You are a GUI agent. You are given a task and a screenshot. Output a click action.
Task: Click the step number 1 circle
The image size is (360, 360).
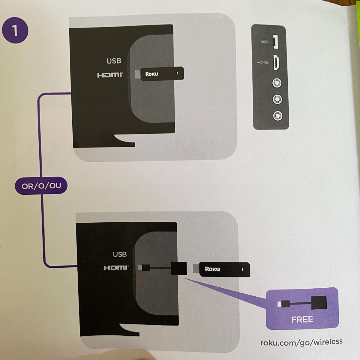(15, 31)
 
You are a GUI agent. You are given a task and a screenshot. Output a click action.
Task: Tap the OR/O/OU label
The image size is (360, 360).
(41, 186)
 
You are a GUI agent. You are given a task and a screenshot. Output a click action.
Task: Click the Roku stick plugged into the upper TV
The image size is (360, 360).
(162, 74)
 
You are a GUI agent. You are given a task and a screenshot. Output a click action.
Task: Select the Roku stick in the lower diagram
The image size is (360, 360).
(224, 269)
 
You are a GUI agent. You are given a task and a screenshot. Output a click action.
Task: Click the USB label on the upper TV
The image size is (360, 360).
(114, 61)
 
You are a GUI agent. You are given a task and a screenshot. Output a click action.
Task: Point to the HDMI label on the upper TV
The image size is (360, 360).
(110, 75)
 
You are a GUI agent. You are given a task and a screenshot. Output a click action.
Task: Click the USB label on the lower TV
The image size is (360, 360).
(120, 254)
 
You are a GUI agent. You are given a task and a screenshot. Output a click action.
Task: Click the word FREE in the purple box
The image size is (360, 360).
(302, 319)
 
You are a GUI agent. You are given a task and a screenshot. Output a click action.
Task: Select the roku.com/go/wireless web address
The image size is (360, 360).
(301, 342)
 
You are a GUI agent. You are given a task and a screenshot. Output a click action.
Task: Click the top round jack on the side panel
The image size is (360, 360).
(277, 83)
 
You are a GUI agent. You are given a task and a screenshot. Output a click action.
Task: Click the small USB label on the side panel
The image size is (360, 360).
(264, 42)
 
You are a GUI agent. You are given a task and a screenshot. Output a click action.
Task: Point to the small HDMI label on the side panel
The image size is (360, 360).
(263, 63)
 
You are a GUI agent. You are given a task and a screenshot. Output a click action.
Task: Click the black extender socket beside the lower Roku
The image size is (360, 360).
(179, 268)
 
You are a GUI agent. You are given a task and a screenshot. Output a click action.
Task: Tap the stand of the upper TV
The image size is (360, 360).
(124, 141)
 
